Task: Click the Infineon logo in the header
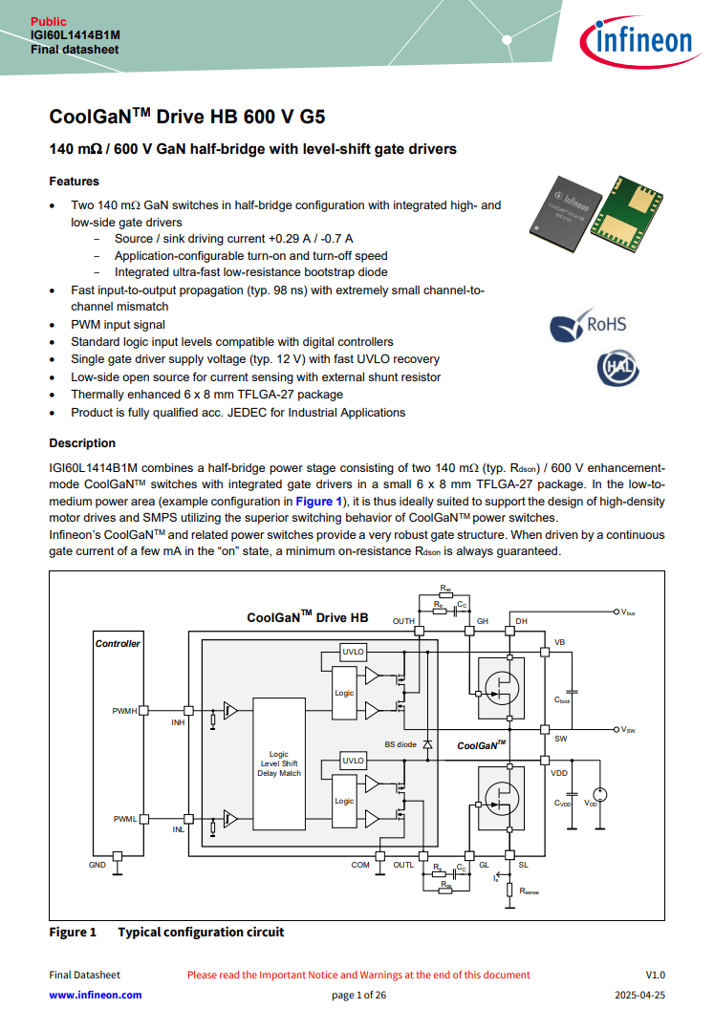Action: click(636, 41)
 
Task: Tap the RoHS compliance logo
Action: click(589, 325)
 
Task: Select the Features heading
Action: click(74, 181)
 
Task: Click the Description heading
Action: click(82, 443)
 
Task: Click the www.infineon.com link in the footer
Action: click(96, 995)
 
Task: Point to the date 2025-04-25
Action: click(637, 995)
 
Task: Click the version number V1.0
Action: click(655, 975)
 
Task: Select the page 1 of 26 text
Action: click(358, 995)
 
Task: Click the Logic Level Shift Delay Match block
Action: click(279, 763)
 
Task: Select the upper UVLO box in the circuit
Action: click(353, 652)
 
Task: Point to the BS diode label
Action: click(400, 743)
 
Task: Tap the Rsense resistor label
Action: click(529, 891)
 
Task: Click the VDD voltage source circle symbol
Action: click(599, 795)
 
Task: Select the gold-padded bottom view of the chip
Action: click(627, 215)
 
